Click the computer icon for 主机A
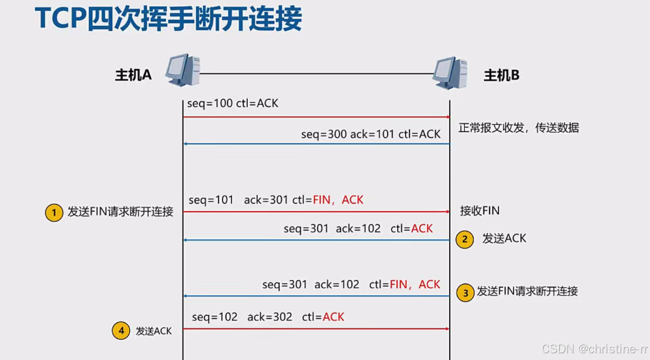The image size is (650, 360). pyautogui.click(x=182, y=70)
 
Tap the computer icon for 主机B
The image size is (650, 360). pyautogui.click(x=450, y=73)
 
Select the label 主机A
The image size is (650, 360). pyautogui.click(x=133, y=75)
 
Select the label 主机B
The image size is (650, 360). pyautogui.click(x=501, y=75)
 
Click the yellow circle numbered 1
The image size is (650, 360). pyautogui.click(x=54, y=213)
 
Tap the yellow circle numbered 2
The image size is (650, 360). pyautogui.click(x=464, y=239)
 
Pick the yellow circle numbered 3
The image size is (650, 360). pyautogui.click(x=465, y=292)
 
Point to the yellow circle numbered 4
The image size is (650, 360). pyautogui.click(x=121, y=331)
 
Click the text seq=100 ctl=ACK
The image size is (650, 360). pyautogui.click(x=233, y=104)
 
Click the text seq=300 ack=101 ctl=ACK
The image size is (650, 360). pyautogui.click(x=371, y=135)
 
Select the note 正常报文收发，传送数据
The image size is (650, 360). pyautogui.click(x=519, y=128)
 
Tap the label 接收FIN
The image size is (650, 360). pyautogui.click(x=480, y=211)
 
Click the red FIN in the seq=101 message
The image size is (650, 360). pyautogui.click(x=322, y=200)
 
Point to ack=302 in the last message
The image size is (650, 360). pyautogui.click(x=270, y=317)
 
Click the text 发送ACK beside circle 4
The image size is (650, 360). pyautogui.click(x=154, y=331)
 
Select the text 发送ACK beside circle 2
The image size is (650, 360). pyautogui.click(x=504, y=238)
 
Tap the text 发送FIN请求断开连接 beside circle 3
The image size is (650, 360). pyautogui.click(x=527, y=291)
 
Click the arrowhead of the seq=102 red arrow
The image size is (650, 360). pyautogui.click(x=448, y=329)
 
